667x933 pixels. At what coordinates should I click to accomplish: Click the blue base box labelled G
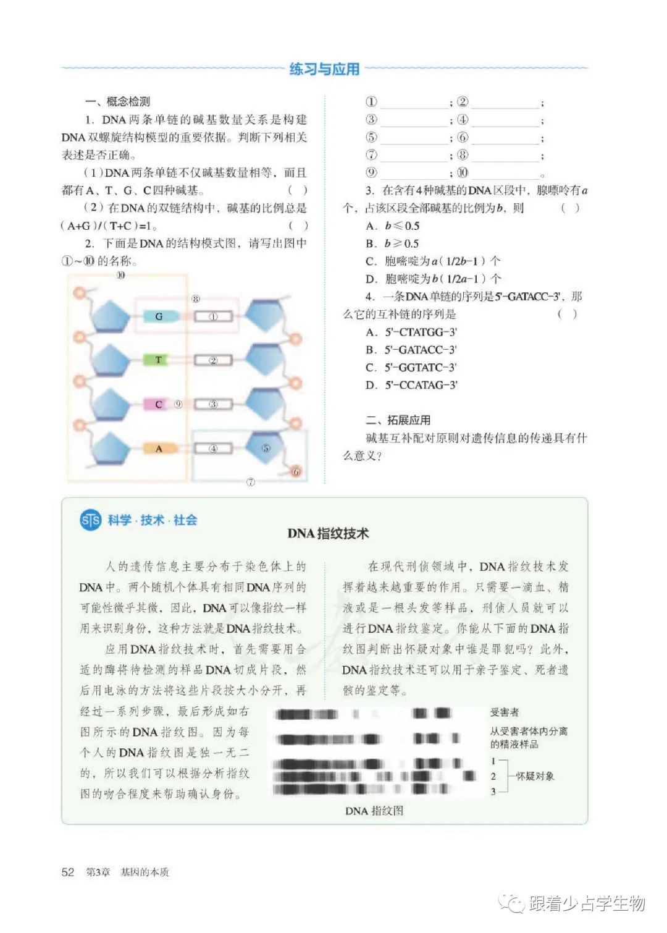click(x=159, y=316)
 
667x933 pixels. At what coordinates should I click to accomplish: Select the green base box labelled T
click(x=159, y=360)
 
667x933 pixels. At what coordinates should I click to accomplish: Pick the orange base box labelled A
click(x=159, y=449)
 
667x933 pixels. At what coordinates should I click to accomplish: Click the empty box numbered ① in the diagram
click(x=213, y=316)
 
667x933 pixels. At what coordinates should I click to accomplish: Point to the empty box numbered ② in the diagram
click(x=213, y=360)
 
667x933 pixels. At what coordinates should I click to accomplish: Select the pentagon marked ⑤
click(x=266, y=448)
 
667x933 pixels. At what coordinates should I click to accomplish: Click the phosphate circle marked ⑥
click(x=296, y=471)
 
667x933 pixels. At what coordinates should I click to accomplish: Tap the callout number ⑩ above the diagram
click(x=120, y=275)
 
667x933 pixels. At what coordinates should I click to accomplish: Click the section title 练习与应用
click(x=324, y=69)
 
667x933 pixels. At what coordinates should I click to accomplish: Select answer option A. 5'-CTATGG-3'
click(x=411, y=332)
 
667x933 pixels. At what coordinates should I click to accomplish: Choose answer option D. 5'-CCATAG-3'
click(x=411, y=386)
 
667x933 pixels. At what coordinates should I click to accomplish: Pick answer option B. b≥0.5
click(x=392, y=243)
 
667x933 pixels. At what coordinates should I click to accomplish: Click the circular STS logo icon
click(x=90, y=520)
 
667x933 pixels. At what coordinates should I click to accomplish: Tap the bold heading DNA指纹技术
click(x=328, y=533)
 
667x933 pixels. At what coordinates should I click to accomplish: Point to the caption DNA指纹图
click(x=374, y=811)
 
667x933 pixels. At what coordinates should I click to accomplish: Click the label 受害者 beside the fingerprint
click(x=505, y=712)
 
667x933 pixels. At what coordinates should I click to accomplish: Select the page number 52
click(x=68, y=872)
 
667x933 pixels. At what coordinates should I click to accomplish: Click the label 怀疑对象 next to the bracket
click(x=535, y=776)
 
